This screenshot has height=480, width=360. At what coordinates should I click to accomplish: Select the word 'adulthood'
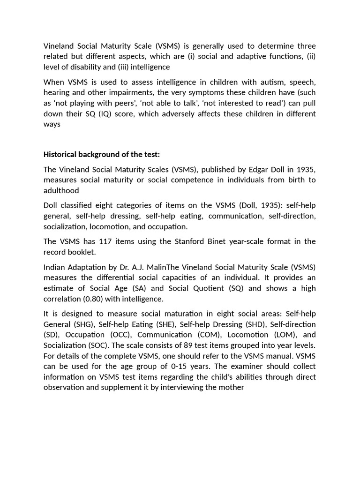coord(61,190)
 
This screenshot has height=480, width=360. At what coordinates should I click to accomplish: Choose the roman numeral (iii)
coord(117,67)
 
